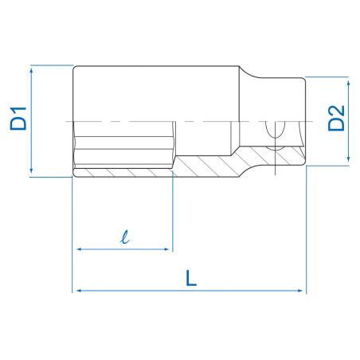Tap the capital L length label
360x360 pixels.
(x=188, y=278)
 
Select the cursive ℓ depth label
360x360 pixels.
(x=123, y=236)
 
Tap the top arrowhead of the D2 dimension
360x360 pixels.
(x=347, y=81)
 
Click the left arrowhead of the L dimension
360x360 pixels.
(x=77, y=292)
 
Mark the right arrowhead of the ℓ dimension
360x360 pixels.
(x=167, y=249)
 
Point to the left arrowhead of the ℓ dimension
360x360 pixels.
(x=77, y=249)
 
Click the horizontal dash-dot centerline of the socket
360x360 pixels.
(x=159, y=122)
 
